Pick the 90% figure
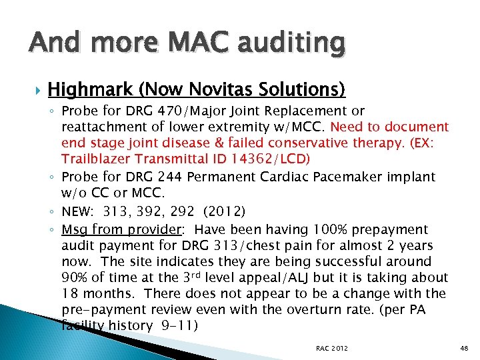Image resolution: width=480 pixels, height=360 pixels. (x=75, y=277)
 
